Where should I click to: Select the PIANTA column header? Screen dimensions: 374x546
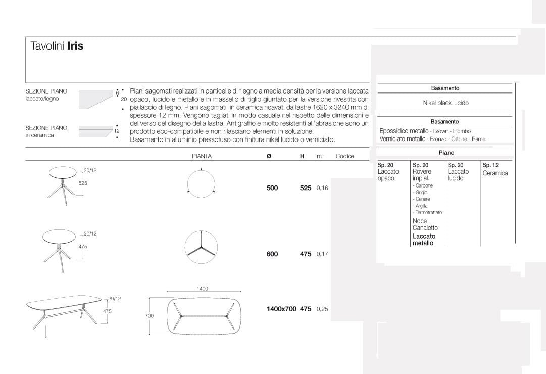(x=202, y=156)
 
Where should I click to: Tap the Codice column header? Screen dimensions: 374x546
(x=344, y=156)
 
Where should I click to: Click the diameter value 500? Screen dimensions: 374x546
(x=272, y=188)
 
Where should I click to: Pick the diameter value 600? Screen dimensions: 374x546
(x=272, y=254)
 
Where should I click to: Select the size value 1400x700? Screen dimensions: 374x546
(x=281, y=309)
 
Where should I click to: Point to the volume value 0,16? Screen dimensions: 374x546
(x=322, y=188)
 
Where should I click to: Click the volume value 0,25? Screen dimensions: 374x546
(x=322, y=309)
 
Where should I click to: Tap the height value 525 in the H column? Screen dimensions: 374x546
(x=306, y=188)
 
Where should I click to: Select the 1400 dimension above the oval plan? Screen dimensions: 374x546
(x=202, y=289)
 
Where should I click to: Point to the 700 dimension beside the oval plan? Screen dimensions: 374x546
(x=149, y=316)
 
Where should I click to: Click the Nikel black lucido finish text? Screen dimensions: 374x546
(x=445, y=103)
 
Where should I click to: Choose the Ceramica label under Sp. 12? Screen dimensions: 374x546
(x=495, y=173)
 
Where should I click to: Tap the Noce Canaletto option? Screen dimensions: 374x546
(x=425, y=224)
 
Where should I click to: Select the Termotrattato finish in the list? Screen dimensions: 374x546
(x=428, y=212)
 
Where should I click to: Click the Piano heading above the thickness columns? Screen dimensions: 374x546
(x=446, y=153)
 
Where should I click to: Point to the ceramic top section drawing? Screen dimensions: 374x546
(x=96, y=131)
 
